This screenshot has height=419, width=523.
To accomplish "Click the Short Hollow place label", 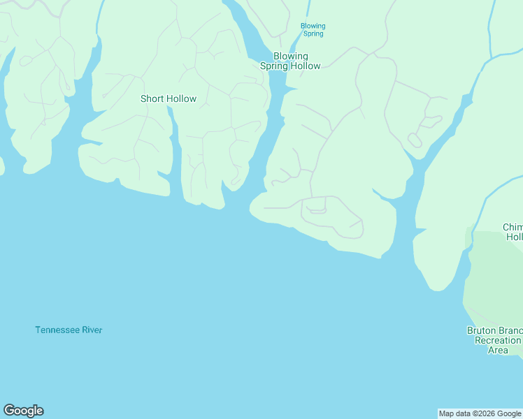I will (x=169, y=98).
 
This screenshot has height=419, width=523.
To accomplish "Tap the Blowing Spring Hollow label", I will (x=290, y=61).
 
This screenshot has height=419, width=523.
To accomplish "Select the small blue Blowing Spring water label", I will (x=313, y=29).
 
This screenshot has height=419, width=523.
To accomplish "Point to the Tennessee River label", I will (x=69, y=330).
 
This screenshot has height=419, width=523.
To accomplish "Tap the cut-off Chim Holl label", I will (x=513, y=232).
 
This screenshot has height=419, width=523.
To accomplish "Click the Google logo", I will (x=23, y=411).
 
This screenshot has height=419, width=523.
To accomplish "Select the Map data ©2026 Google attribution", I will (x=480, y=413).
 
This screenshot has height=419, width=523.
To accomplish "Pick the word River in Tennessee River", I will (x=92, y=330).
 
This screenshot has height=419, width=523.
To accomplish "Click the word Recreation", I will (x=498, y=340).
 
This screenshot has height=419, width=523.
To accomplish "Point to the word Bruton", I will (x=482, y=330).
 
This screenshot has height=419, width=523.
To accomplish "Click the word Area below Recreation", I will (x=498, y=350).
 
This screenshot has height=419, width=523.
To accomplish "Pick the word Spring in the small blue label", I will (x=313, y=34).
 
